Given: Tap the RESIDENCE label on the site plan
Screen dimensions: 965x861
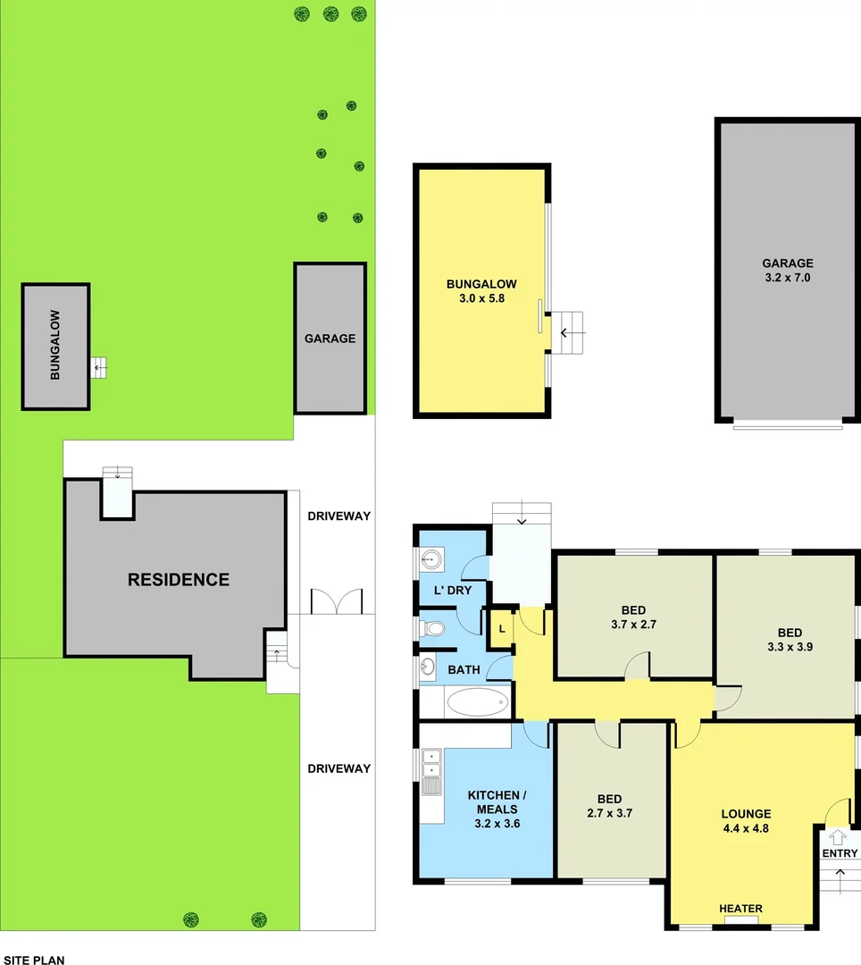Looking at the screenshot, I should [179, 579].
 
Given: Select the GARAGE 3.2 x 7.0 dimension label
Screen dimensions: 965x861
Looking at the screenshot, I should [787, 270].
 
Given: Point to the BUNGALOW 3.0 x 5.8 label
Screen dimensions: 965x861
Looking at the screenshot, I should [481, 291].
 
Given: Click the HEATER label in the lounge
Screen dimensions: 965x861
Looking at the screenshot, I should [741, 909].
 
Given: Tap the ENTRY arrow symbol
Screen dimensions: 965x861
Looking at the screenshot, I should [837, 838].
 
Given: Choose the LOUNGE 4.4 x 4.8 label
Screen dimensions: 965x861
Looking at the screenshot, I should [746, 820].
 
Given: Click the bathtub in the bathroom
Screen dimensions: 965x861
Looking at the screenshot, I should [476, 702].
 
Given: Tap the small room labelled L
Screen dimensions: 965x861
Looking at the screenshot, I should [502, 629].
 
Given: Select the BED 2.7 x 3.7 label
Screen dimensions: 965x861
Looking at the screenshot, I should [609, 806].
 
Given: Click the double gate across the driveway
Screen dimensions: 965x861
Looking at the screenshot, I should [336, 601].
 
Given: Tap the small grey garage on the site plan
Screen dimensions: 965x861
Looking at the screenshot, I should [330, 338].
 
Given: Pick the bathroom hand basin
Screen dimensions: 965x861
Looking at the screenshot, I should [428, 666].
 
